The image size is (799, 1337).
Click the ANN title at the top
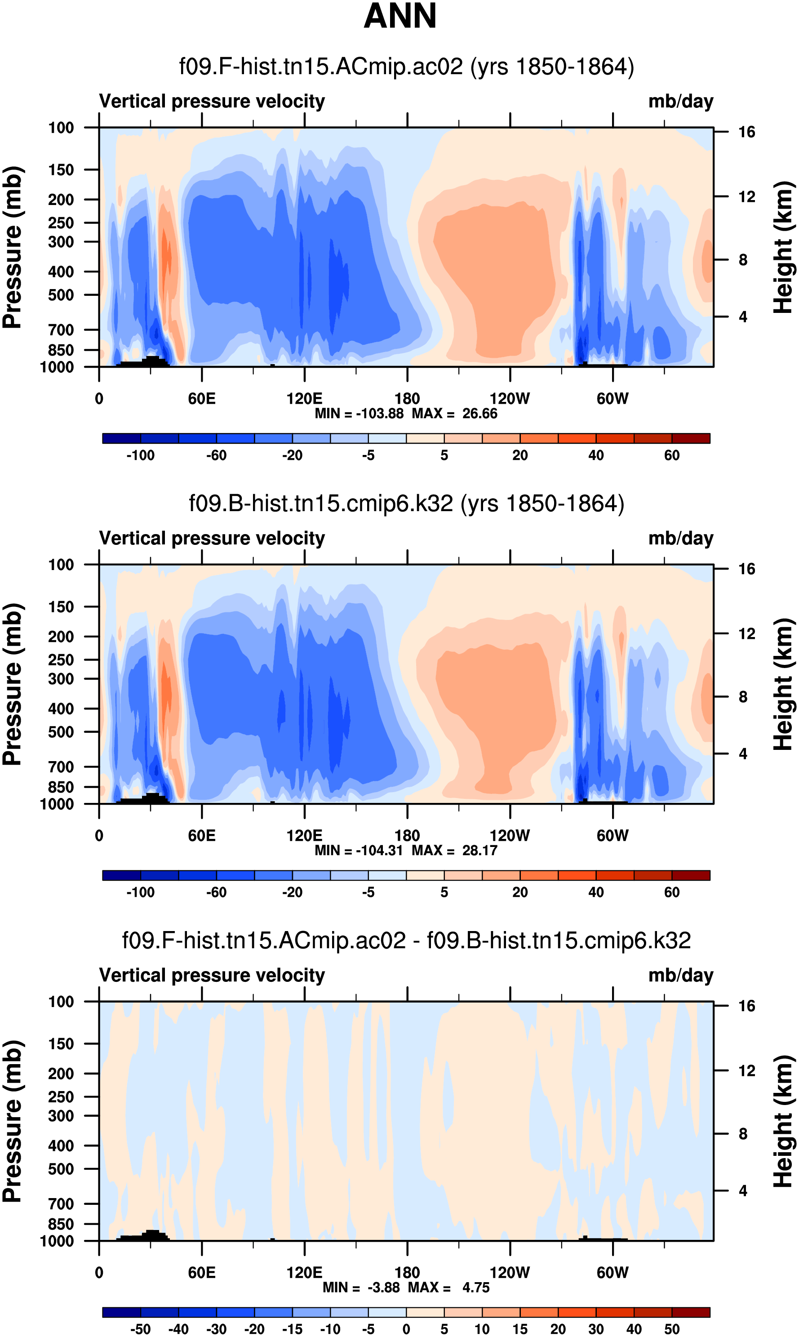point(399,16)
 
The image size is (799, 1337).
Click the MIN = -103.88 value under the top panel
point(359,414)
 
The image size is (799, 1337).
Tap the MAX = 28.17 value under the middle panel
point(454,850)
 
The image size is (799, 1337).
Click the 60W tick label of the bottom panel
point(612,1272)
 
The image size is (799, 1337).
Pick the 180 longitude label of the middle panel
point(407,836)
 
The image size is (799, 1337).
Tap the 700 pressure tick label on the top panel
point(61,330)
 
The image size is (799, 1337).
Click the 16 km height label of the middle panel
point(746,569)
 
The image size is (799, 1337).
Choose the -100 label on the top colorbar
point(141,455)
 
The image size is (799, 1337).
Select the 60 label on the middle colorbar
point(671,892)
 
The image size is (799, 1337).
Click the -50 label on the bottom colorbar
point(141,1329)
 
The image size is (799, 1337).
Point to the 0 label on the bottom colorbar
point(407,1329)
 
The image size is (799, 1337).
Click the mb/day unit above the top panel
point(680,101)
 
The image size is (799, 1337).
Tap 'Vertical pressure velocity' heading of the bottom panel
point(212,975)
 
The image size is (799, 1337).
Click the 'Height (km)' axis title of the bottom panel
point(783,1121)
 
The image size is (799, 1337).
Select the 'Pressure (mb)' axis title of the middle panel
point(12,684)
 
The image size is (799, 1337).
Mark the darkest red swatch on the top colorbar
point(691,438)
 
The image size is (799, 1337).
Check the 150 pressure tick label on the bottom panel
point(61,1043)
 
